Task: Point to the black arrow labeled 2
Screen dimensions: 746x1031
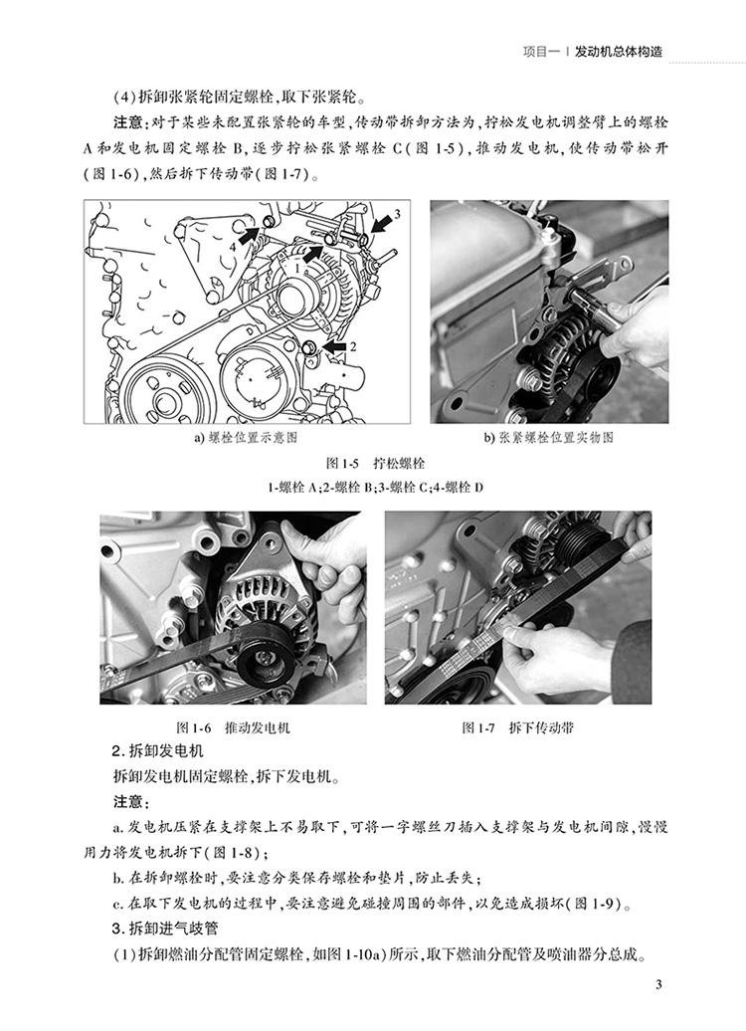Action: pyautogui.click(x=335, y=346)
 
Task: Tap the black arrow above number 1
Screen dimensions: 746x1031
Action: pyautogui.click(x=313, y=254)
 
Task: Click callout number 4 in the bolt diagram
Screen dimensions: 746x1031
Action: pyautogui.click(x=232, y=247)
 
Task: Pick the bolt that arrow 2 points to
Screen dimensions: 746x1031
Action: pyautogui.click(x=311, y=347)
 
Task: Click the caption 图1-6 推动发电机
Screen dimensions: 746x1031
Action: pyautogui.click(x=234, y=727)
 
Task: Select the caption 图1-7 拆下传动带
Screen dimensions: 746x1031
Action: pyautogui.click(x=518, y=727)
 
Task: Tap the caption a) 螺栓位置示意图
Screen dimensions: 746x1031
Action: pyautogui.click(x=245, y=437)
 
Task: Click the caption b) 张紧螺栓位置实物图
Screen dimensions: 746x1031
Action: pyautogui.click(x=549, y=437)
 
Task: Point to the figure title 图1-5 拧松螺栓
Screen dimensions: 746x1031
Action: pyautogui.click(x=375, y=463)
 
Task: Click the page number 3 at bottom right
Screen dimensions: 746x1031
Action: pyautogui.click(x=658, y=984)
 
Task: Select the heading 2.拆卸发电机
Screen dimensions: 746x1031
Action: pyautogui.click(x=158, y=751)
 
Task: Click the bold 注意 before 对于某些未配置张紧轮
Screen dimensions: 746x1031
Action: pyautogui.click(x=127, y=122)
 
